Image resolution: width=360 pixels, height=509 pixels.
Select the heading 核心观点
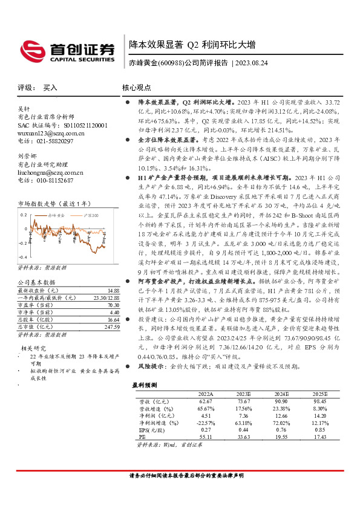[137, 88]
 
